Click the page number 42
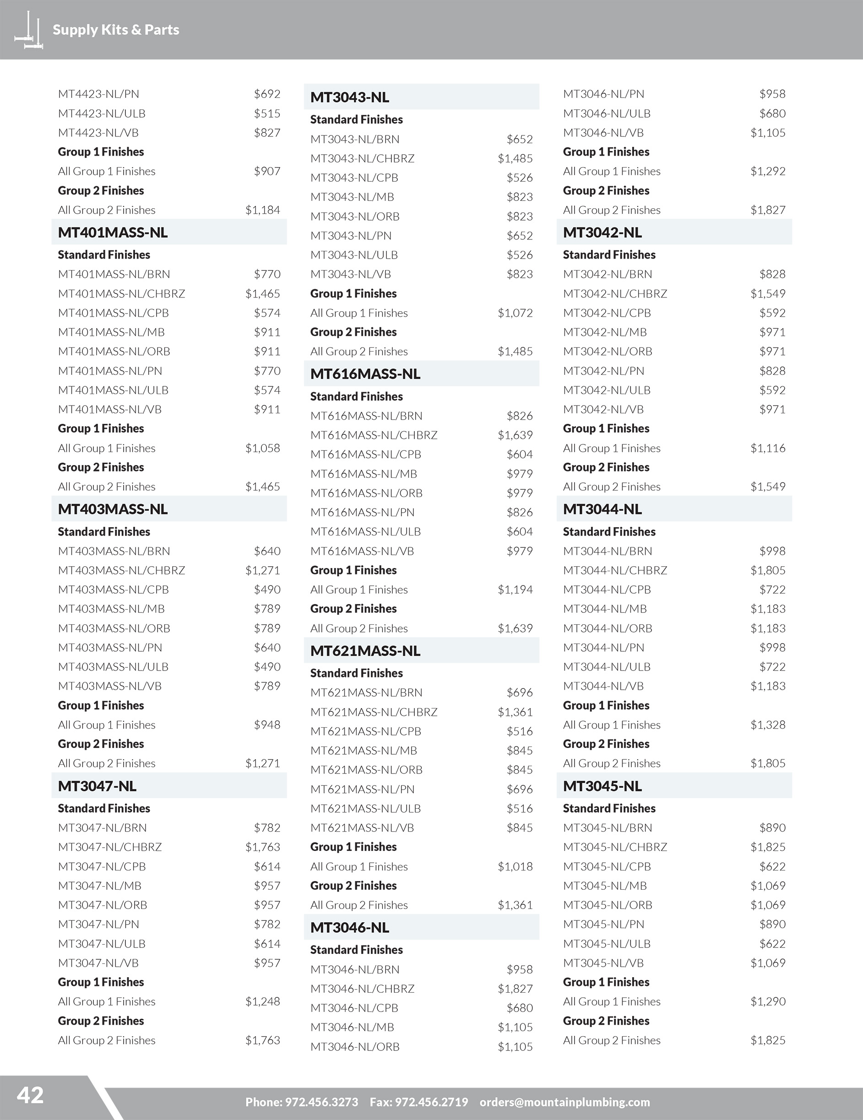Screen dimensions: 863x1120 pyautogui.click(x=30, y=1095)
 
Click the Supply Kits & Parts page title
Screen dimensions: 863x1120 pyautogui.click(x=116, y=30)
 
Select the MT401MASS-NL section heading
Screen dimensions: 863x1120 pyautogui.click(x=113, y=233)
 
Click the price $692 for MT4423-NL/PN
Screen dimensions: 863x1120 pyautogui.click(x=267, y=94)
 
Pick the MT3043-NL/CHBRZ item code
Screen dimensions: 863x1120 pyautogui.click(x=362, y=158)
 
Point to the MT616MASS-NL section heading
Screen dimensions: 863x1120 pyautogui.click(x=365, y=374)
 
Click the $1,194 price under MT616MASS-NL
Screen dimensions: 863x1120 pyautogui.click(x=515, y=590)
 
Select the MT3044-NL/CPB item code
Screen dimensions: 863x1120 pyautogui.click(x=607, y=590)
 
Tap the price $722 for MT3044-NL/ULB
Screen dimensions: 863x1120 pyautogui.click(x=772, y=667)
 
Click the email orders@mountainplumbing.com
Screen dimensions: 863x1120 pyautogui.click(x=564, y=1102)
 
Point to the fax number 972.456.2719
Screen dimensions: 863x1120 pyautogui.click(x=431, y=1102)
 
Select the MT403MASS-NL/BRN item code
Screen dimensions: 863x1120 pyautogui.click(x=114, y=551)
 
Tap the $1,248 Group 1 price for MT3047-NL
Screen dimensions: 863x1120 pyautogui.click(x=263, y=1001)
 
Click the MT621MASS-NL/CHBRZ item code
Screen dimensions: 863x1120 pyautogui.click(x=374, y=712)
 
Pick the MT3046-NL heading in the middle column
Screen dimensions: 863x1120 pyautogui.click(x=350, y=927)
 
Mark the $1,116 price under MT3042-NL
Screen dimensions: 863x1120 pyautogui.click(x=768, y=448)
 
